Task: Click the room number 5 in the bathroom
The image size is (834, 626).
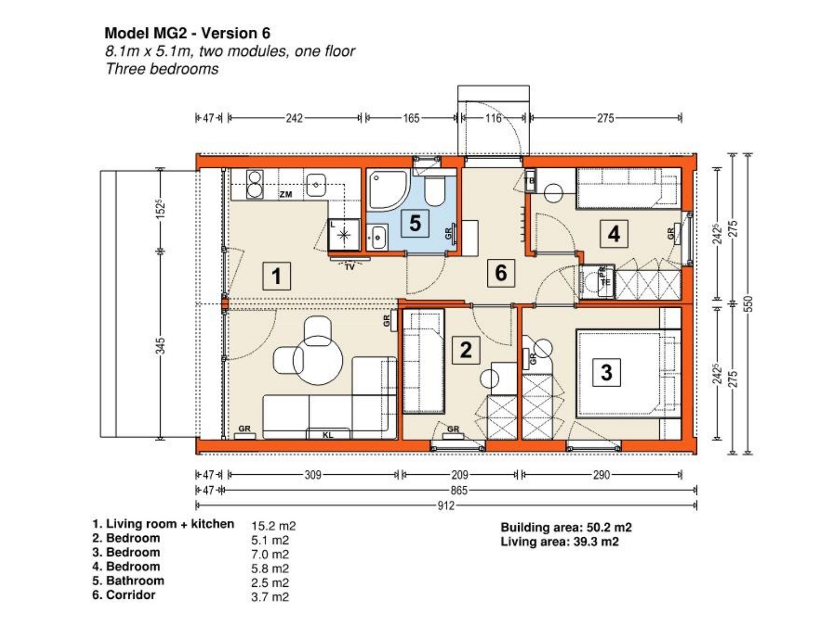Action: [x=415, y=223]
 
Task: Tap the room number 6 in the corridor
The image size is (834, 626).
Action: [x=501, y=273]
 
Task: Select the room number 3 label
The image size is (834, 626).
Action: [x=606, y=372]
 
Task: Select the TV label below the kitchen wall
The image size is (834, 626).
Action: [x=350, y=267]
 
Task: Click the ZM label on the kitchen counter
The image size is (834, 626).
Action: [x=286, y=195]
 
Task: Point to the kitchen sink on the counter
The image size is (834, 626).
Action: [x=316, y=185]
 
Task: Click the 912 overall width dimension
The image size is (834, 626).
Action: [x=445, y=505]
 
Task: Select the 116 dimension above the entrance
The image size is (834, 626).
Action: [x=493, y=118]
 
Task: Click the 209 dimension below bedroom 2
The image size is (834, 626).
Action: [x=459, y=475]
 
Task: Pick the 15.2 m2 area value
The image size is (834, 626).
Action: [x=273, y=526]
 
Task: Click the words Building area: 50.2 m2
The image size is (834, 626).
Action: [x=566, y=527]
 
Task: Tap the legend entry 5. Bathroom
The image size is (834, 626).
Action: [x=128, y=581]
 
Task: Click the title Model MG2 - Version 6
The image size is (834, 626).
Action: [x=187, y=33]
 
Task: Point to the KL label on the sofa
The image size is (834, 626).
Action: [x=327, y=435]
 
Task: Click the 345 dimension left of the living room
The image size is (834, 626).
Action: [x=161, y=345]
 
